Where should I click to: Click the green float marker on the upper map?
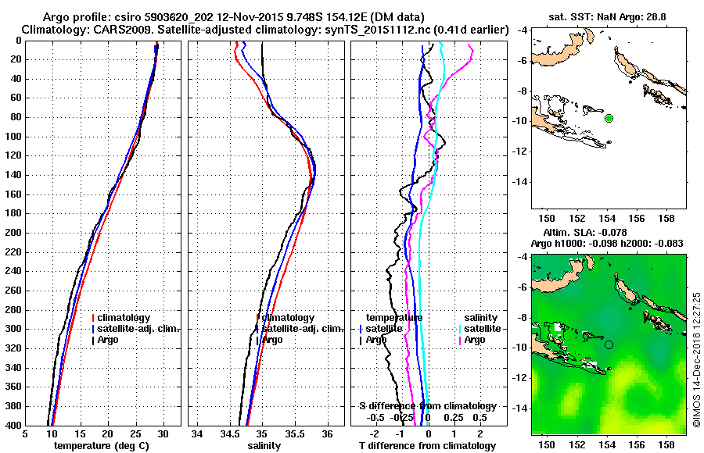tap(609, 118)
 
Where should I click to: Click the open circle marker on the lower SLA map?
tap(609, 344)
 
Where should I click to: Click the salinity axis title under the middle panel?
tap(262, 446)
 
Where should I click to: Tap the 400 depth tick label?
tap(12, 425)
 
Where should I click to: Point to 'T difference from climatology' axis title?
tap(428, 446)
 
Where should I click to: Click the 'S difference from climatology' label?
tap(428, 406)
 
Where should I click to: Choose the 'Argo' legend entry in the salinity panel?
tap(272, 340)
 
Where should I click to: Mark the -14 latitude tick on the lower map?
tap(522, 408)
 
